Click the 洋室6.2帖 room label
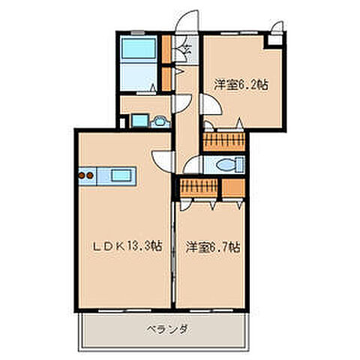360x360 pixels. tap(240, 85)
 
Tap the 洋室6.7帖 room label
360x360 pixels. tap(208, 245)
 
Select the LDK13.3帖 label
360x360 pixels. tap(124, 245)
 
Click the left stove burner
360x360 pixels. tap(82, 177)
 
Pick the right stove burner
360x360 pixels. tap(91, 177)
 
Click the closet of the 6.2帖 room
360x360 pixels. tap(226, 140)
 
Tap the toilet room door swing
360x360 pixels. tap(192, 166)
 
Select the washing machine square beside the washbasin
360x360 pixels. tap(139, 119)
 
